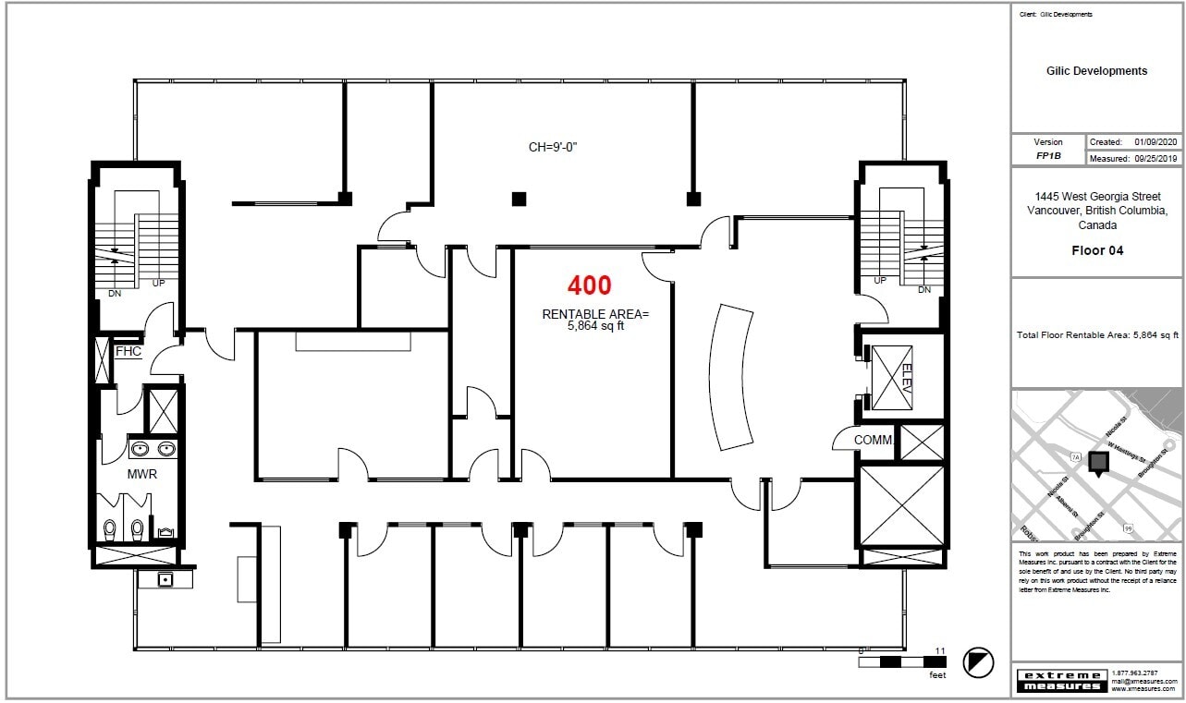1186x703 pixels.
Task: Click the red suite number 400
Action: [589, 285]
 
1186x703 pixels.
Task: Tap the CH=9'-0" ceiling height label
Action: [558, 147]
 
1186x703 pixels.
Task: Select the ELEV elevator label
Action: [905, 378]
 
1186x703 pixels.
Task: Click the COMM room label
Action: [873, 441]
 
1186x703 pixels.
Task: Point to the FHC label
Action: [128, 352]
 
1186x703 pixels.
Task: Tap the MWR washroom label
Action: [141, 474]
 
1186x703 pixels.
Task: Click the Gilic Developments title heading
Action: [1096, 71]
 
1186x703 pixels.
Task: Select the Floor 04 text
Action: [1097, 250]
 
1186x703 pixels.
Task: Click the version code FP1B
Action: [1048, 156]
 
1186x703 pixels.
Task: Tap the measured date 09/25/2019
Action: [1155, 159]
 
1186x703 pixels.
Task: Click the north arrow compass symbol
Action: [978, 662]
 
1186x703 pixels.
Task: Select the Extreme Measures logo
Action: [1060, 681]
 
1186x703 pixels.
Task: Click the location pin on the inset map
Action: [1099, 464]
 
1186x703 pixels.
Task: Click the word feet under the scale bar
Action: [937, 675]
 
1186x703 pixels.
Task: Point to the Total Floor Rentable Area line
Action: [1096, 334]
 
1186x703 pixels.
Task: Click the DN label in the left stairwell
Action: [115, 294]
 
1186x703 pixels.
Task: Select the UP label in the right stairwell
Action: [879, 280]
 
